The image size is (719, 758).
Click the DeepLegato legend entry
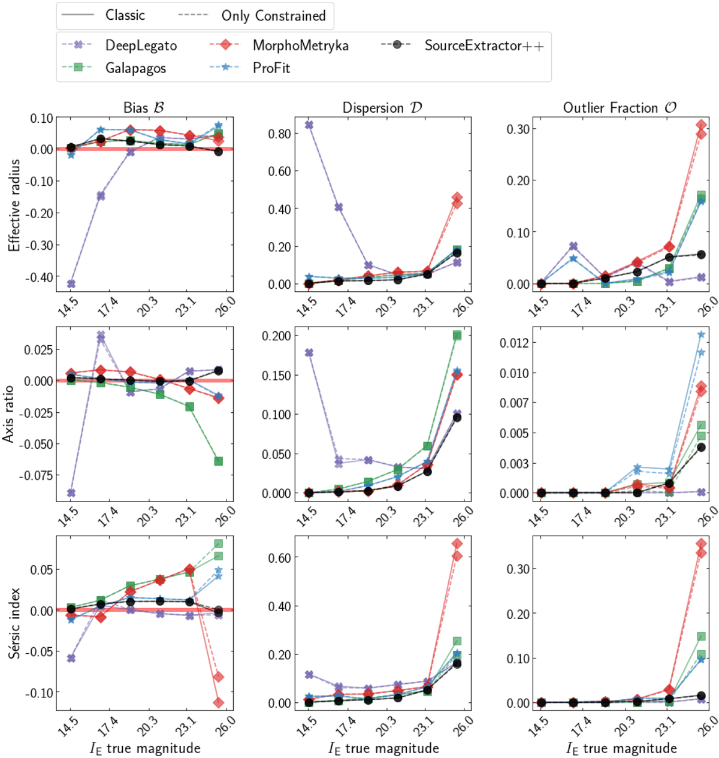pyautogui.click(x=141, y=46)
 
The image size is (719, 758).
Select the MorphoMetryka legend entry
pyautogui.click(x=300, y=46)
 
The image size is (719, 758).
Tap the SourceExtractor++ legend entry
pyautogui.click(x=484, y=46)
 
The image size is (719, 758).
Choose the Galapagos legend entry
pyautogui.click(x=135, y=68)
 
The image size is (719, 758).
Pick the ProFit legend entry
pyautogui.click(x=271, y=68)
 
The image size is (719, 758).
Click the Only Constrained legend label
pyautogui.click(x=273, y=16)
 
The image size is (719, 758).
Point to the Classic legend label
pyautogui.click(x=125, y=16)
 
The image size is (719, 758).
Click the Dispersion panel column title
pyautogui.click(x=382, y=108)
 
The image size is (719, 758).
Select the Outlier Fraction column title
pyautogui.click(x=620, y=108)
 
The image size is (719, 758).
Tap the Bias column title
pyautogui.click(x=144, y=108)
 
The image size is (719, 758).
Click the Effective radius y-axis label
pyautogui.click(x=14, y=205)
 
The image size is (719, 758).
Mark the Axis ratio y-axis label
pyautogui.click(x=8, y=413)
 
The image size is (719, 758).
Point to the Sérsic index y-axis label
pyautogui.click(x=14, y=623)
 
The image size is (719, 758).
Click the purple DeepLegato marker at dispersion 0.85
pyautogui.click(x=309, y=125)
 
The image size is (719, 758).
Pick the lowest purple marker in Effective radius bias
pyautogui.click(x=71, y=283)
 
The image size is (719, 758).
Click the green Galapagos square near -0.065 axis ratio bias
pyautogui.click(x=219, y=461)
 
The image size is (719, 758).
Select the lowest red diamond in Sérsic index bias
pyautogui.click(x=219, y=702)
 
